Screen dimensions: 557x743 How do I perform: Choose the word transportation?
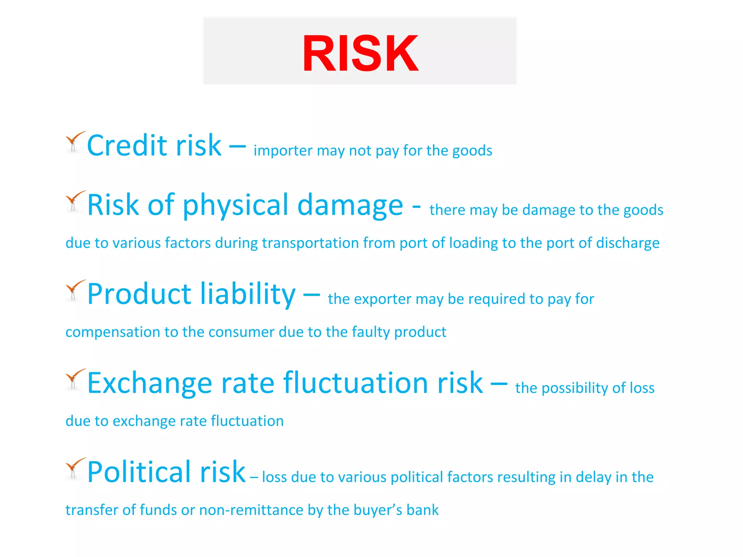310,243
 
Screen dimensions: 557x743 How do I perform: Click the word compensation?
112,332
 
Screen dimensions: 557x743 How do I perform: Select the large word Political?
139,472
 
